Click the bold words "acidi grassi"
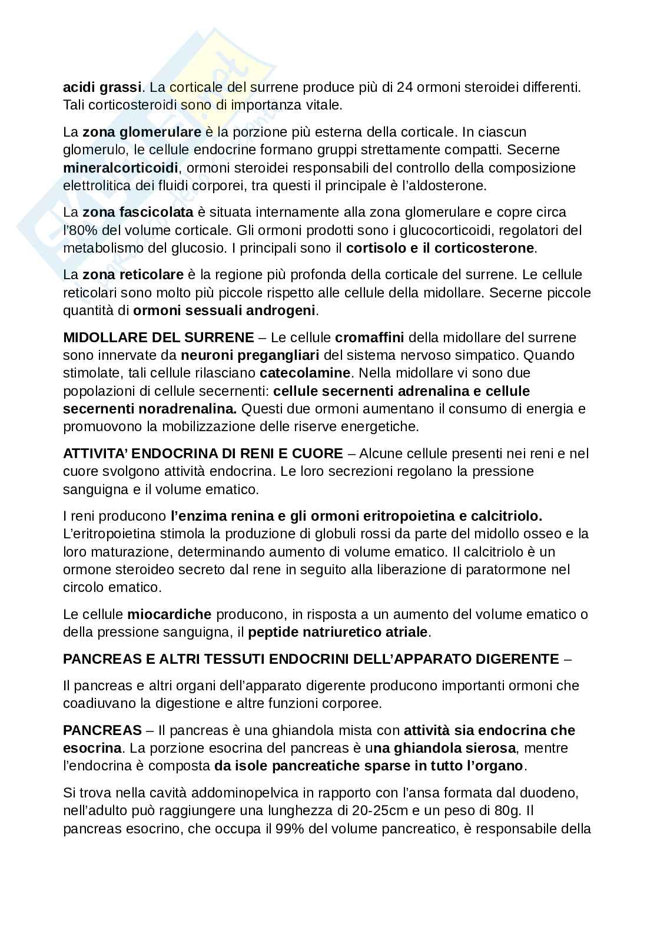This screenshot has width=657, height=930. pyautogui.click(x=102, y=88)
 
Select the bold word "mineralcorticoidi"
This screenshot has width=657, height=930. pyautogui.click(x=120, y=168)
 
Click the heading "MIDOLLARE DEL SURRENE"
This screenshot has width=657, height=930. pyautogui.click(x=158, y=337)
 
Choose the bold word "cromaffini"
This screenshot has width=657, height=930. pyautogui.click(x=369, y=337)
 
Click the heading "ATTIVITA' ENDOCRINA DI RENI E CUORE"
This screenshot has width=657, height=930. pyautogui.click(x=203, y=454)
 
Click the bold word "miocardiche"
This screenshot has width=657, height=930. pyautogui.click(x=169, y=614)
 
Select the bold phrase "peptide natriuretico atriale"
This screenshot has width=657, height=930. pyautogui.click(x=339, y=633)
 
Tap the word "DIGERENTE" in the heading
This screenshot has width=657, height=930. pyautogui.click(x=513, y=659)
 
